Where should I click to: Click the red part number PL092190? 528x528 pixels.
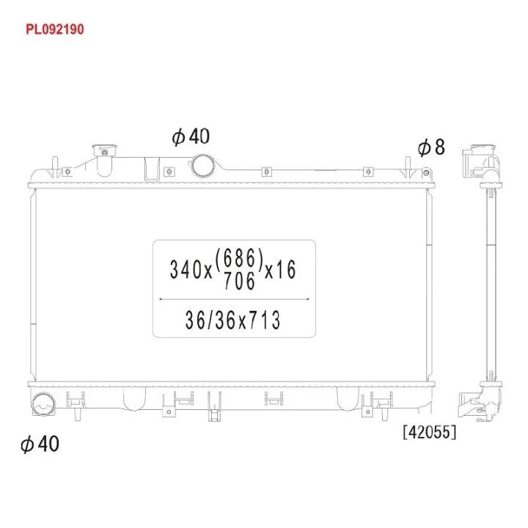pos(55,29)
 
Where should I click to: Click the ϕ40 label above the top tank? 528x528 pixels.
pos(191,136)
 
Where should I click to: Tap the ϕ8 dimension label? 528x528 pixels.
pos(431,147)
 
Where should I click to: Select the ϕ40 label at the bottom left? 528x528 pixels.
pos(40,444)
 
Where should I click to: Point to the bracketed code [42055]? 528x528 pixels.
pos(430,432)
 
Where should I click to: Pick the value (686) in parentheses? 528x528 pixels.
pos(239,259)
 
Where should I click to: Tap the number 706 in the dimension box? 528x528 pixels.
pos(239,281)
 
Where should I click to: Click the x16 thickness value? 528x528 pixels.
pos(280,270)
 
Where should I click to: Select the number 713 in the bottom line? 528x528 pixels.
pos(264,320)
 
